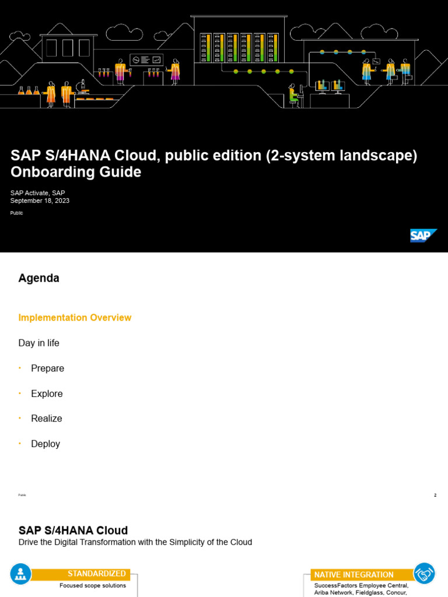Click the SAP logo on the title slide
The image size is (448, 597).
423,236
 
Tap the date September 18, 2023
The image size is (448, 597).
40,201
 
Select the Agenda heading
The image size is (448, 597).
39,278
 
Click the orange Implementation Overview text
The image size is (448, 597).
75,318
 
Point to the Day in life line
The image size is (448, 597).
39,343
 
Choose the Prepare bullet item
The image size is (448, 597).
47,368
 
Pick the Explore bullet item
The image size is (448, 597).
47,394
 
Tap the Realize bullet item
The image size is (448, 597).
47,419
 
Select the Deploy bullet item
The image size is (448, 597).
45,444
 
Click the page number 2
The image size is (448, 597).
435,495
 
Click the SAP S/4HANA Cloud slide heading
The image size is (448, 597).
73,530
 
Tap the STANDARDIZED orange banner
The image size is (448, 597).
96,574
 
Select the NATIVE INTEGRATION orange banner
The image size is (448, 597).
353,575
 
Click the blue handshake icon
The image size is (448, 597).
425,574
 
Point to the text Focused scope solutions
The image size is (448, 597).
93,585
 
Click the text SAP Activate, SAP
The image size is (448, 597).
38,193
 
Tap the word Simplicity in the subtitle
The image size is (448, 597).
195,542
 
